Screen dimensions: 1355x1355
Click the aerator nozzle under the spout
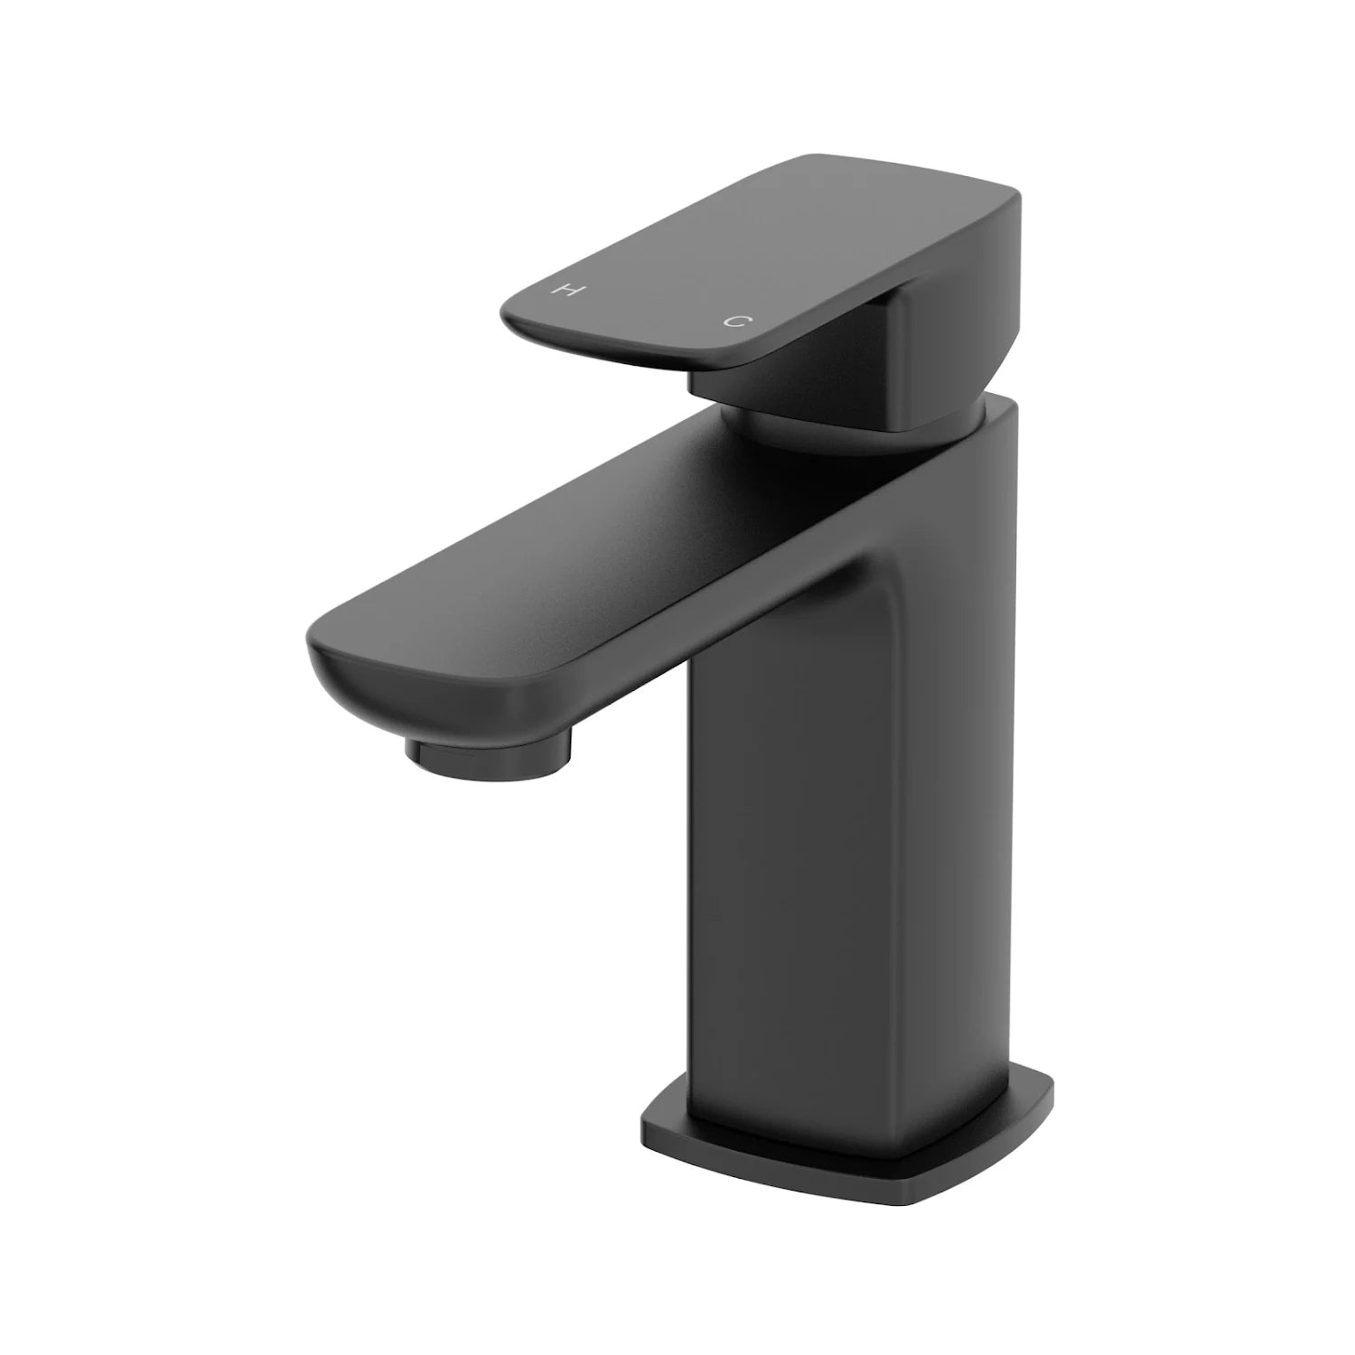489,746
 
